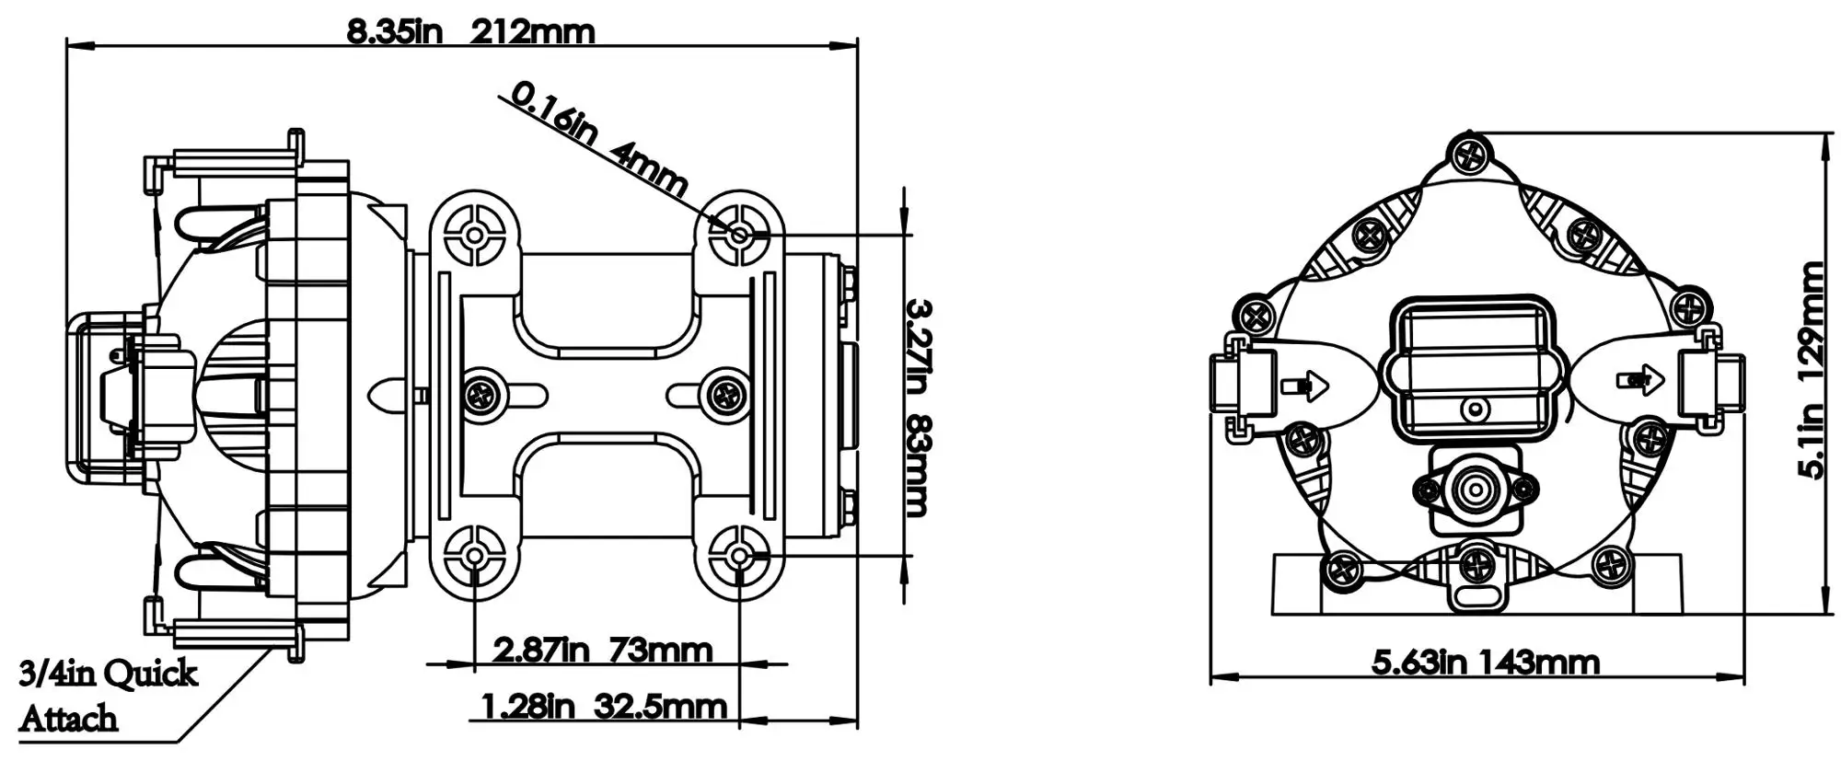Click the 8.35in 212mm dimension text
[470, 32]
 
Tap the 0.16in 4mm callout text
[598, 139]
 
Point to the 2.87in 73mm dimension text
[603, 651]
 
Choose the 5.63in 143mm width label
[1486, 662]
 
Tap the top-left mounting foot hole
[474, 236]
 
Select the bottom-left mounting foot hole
[474, 556]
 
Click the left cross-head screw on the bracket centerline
[481, 397]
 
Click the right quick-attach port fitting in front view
[1711, 382]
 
